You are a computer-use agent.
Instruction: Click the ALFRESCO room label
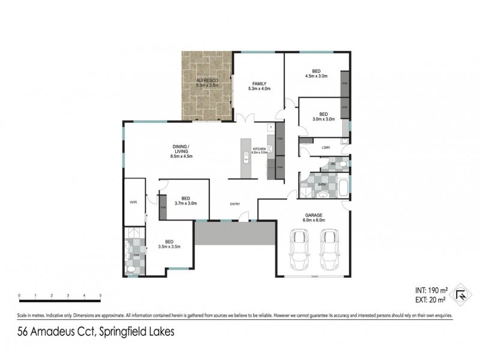[x=208, y=80]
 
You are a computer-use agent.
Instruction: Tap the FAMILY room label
[x=259, y=83]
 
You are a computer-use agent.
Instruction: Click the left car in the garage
[x=298, y=250]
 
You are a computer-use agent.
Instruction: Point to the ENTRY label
[x=235, y=205]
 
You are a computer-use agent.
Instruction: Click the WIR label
[x=133, y=203]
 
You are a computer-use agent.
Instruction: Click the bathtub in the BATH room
[x=342, y=188]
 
